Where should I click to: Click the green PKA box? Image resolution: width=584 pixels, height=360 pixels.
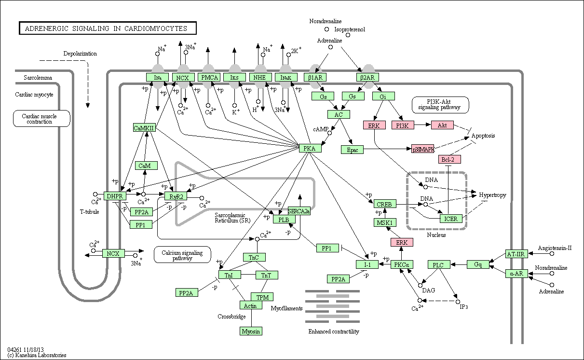pyautogui.click(x=310, y=148)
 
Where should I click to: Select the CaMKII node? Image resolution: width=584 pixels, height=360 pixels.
pyautogui.click(x=144, y=127)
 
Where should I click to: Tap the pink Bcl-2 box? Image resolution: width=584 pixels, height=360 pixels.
pyautogui.click(x=449, y=159)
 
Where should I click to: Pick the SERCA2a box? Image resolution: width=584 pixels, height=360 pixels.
pyautogui.click(x=299, y=211)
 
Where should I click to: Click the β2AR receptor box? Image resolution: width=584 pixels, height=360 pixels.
pyautogui.click(x=367, y=77)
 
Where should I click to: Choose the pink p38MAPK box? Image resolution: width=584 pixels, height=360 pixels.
pyautogui.click(x=422, y=149)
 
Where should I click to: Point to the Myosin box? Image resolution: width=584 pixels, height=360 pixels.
pyautogui.click(x=251, y=331)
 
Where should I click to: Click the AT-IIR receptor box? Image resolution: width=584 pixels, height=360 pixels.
pyautogui.click(x=516, y=254)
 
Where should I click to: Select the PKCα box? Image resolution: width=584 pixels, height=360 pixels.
pyautogui.click(x=402, y=264)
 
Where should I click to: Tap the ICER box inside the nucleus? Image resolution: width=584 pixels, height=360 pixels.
pyautogui.click(x=451, y=219)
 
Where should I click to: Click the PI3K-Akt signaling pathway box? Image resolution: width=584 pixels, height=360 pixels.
pyautogui.click(x=440, y=105)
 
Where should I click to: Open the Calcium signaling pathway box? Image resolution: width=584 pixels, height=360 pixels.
pyautogui.click(x=182, y=255)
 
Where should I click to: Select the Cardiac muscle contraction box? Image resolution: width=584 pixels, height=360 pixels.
pyautogui.click(x=41, y=118)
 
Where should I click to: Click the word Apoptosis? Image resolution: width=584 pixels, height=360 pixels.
pyautogui.click(x=483, y=136)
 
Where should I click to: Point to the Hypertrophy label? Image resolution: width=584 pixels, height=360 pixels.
pyautogui.click(x=492, y=195)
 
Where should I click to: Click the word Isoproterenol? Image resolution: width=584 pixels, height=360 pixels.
pyautogui.click(x=350, y=29)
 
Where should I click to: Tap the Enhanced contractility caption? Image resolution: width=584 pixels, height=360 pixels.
pyautogui.click(x=334, y=332)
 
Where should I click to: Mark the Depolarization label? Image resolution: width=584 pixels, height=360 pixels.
pyautogui.click(x=80, y=54)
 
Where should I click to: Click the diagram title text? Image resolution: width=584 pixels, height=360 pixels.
pyautogui.click(x=106, y=28)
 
